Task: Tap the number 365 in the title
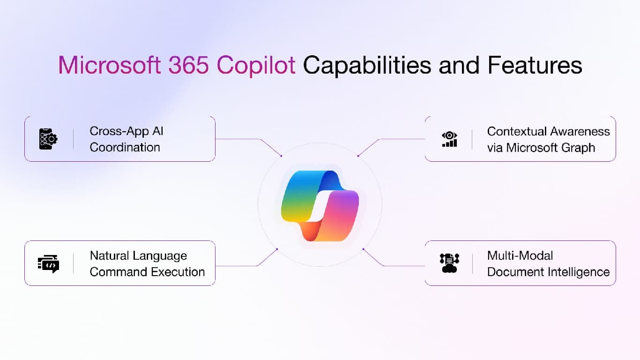coord(189,66)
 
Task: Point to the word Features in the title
coord(534,66)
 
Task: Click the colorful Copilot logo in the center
coord(320,205)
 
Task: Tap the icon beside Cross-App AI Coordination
coord(48,139)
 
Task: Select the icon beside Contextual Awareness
coord(449,139)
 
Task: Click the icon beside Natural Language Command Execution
coord(48,263)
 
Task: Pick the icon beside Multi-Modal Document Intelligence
coord(449,263)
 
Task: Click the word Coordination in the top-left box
coord(125,147)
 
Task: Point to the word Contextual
coord(516,131)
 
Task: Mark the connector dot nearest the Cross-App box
coord(281,155)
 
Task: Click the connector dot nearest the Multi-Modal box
coord(363,249)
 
